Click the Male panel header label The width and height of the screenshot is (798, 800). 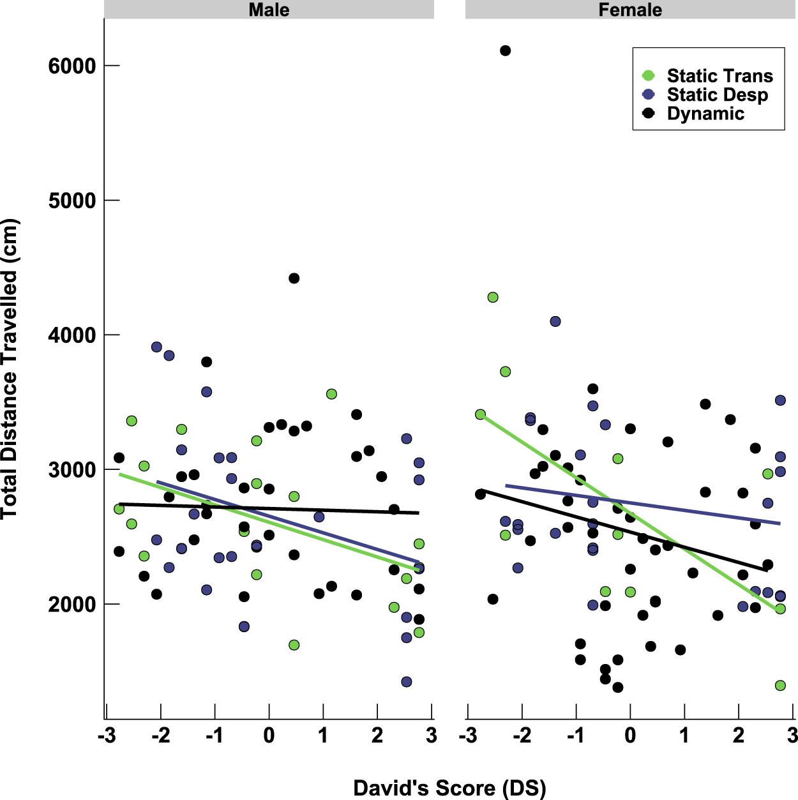(x=269, y=10)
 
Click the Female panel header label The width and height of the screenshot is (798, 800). (x=630, y=10)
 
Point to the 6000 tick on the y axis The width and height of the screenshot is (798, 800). (x=72, y=66)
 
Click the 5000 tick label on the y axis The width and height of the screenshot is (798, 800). (x=72, y=200)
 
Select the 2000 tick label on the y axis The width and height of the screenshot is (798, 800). (x=72, y=604)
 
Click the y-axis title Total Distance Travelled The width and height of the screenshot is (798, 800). (x=10, y=369)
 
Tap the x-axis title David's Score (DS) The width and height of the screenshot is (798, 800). (x=449, y=788)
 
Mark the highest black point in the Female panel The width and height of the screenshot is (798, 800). (x=505, y=50)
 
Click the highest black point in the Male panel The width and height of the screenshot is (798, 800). (x=294, y=278)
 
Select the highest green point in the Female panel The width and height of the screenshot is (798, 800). (x=493, y=298)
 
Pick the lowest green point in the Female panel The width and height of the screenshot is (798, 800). (x=780, y=685)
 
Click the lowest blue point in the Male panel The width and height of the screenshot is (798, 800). (x=407, y=682)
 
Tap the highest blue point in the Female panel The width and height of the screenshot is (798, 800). (x=555, y=321)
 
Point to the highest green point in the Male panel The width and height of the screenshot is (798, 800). (x=331, y=394)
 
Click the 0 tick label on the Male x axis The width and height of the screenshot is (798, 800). (x=269, y=736)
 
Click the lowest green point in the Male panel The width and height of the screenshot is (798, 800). (x=294, y=645)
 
